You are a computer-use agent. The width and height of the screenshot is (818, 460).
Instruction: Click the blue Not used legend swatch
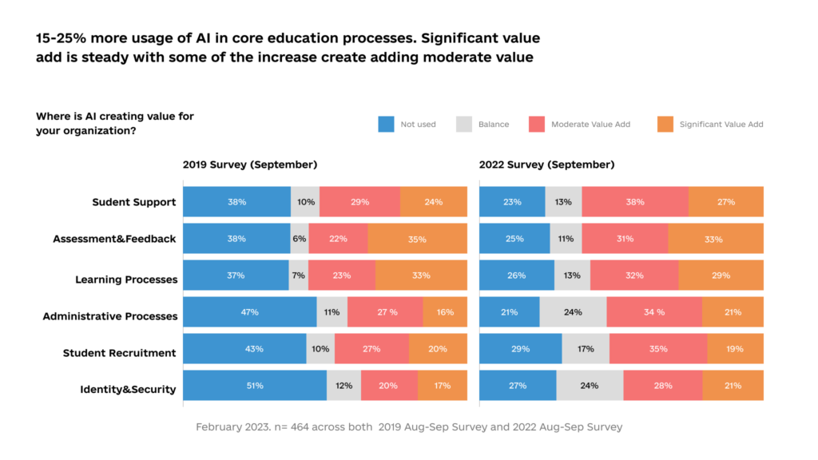[386, 125]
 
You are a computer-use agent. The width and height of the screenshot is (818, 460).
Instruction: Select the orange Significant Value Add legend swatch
[665, 125]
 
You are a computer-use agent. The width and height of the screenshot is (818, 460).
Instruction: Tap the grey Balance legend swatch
[464, 125]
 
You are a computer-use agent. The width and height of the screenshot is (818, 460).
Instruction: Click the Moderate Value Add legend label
[590, 125]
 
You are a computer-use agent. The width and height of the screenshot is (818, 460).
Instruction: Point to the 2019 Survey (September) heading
[250, 165]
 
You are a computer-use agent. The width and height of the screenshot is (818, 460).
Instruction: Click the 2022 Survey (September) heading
[546, 165]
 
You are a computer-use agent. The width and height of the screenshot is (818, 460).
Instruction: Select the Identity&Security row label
[128, 390]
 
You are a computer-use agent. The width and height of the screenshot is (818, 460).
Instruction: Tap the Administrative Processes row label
[109, 316]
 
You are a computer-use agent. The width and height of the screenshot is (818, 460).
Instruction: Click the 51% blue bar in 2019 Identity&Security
[255, 386]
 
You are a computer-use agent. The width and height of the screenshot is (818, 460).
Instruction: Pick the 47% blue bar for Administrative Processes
[249, 312]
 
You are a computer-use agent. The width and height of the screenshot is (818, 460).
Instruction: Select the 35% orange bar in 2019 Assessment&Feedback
[417, 239]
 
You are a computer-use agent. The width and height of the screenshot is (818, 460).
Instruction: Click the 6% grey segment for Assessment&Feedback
[300, 239]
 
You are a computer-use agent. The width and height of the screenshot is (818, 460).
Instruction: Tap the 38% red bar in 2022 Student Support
[635, 202]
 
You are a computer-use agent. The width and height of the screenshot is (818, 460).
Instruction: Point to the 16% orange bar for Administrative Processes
[445, 312]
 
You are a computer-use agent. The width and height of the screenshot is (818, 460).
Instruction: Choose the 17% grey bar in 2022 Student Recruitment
[586, 349]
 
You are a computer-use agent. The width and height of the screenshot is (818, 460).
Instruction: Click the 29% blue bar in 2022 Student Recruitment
[520, 349]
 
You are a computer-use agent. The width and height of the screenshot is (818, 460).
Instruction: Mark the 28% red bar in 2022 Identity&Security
[662, 386]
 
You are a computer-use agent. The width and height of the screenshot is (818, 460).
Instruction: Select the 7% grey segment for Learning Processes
[299, 276]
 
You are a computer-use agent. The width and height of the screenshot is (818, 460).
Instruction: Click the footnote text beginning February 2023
[408, 427]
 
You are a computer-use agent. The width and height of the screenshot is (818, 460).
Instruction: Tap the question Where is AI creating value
[115, 123]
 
